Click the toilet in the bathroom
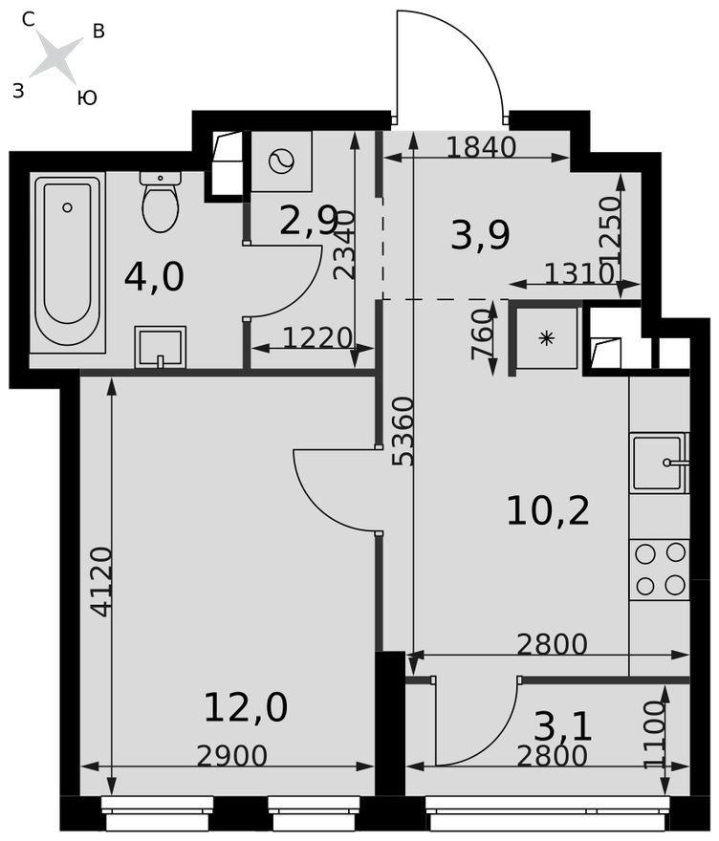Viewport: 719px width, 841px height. pyautogui.click(x=161, y=201)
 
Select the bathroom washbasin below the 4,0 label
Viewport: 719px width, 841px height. pyautogui.click(x=160, y=347)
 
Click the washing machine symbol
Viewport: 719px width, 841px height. pyautogui.click(x=281, y=162)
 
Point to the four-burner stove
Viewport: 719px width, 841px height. pyautogui.click(x=661, y=569)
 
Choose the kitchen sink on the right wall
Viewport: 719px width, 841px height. pyautogui.click(x=660, y=463)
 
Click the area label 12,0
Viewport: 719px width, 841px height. pyautogui.click(x=246, y=707)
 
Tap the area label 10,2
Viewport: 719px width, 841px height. pyautogui.click(x=548, y=510)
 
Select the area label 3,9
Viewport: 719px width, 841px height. pyautogui.click(x=480, y=235)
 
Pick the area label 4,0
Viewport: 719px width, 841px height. pyautogui.click(x=154, y=277)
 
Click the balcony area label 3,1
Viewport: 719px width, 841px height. pyautogui.click(x=563, y=727)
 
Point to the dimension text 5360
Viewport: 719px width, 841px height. pyautogui.click(x=403, y=431)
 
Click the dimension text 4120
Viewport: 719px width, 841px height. pyautogui.click(x=101, y=581)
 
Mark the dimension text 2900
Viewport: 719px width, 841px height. pyautogui.click(x=231, y=756)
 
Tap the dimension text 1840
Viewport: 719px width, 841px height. pyautogui.click(x=481, y=147)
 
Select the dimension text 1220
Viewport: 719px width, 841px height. pyautogui.click(x=316, y=338)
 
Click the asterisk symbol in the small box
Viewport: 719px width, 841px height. pyautogui.click(x=546, y=338)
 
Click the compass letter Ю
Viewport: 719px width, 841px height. pyautogui.click(x=86, y=97)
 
